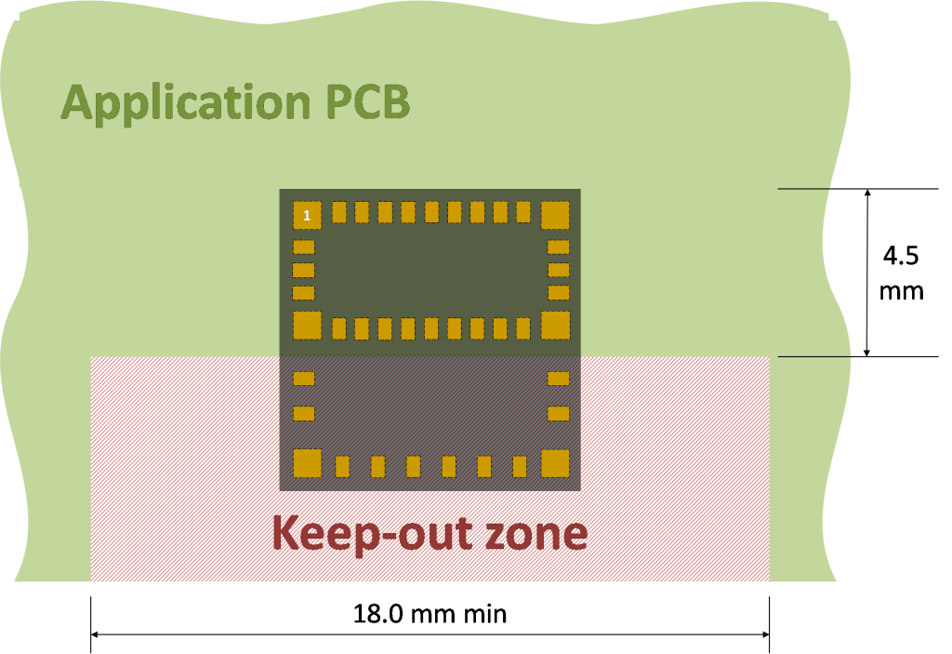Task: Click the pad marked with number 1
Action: tap(307, 215)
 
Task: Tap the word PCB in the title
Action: tap(368, 100)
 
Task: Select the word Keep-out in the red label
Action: tap(372, 533)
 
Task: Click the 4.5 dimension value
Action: tap(901, 255)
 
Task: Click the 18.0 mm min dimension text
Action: tap(430, 614)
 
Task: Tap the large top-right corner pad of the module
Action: tap(555, 215)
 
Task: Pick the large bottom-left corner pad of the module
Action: tap(307, 463)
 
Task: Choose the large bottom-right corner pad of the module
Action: tap(555, 463)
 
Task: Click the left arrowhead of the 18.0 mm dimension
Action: tap(95, 634)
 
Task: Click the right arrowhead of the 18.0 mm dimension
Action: tap(765, 634)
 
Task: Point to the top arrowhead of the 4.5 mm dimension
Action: tap(867, 193)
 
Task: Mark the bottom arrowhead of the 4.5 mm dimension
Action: tap(867, 353)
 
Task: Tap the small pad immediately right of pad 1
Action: tap(338, 212)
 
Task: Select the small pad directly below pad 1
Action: tap(304, 247)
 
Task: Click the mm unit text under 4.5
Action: tap(902, 292)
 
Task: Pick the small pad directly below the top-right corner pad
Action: tap(559, 247)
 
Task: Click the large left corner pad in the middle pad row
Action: tap(307, 326)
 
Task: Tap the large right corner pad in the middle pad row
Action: tap(555, 326)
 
